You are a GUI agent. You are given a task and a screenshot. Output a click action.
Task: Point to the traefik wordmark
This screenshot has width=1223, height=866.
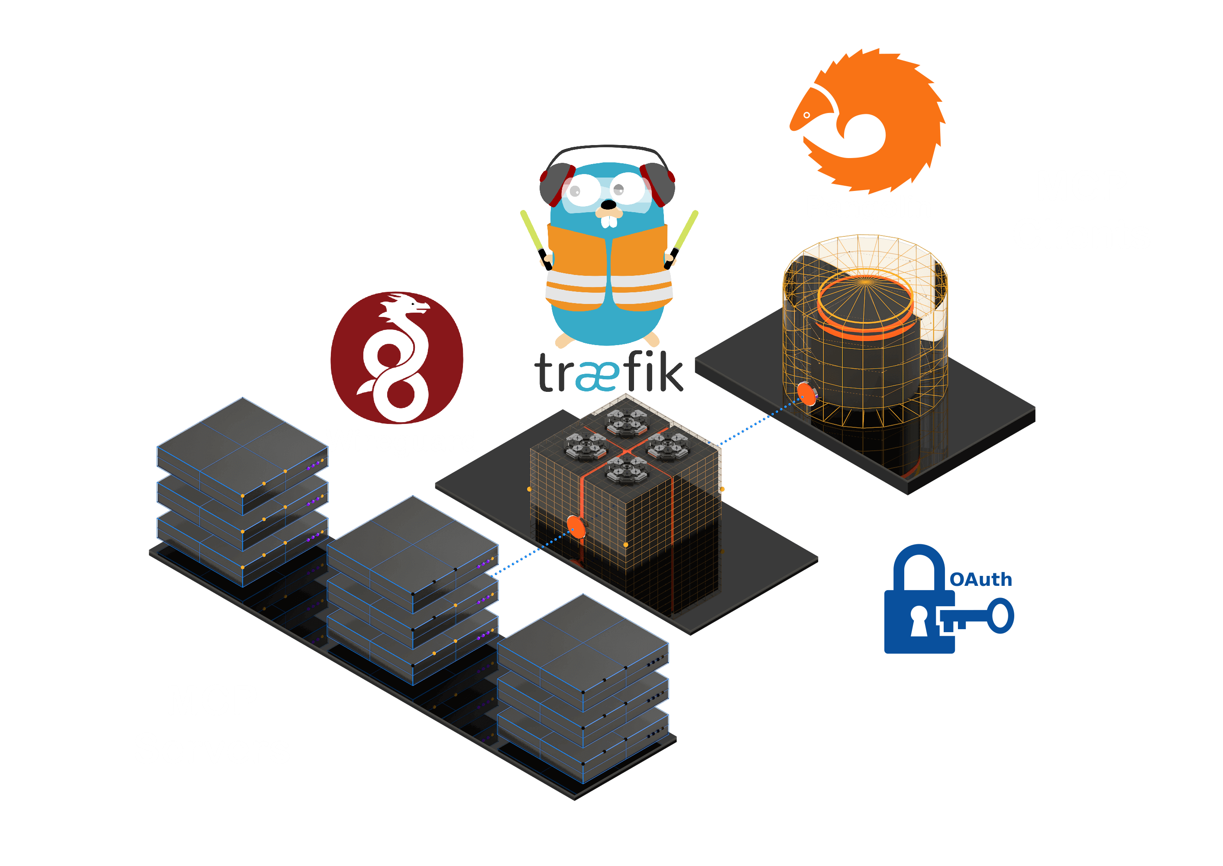(x=608, y=373)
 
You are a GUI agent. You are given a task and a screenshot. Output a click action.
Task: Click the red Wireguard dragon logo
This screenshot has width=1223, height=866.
(x=397, y=357)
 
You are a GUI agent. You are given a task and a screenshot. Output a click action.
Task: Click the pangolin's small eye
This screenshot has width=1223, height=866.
(x=806, y=115)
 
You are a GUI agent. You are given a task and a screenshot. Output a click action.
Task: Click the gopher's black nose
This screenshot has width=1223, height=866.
(x=608, y=205)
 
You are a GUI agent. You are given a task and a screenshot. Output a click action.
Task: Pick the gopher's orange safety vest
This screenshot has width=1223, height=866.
(x=608, y=267)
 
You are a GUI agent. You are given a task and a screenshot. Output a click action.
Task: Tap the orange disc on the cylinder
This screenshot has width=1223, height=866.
(x=807, y=394)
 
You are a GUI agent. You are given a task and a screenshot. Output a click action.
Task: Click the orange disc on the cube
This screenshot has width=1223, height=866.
(x=576, y=527)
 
